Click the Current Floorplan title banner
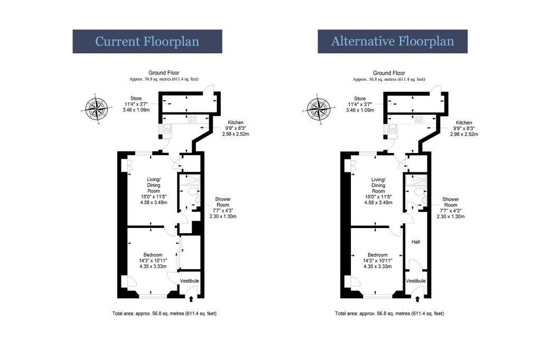click(x=147, y=41)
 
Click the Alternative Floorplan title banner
click(x=393, y=41)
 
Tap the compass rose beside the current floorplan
click(x=97, y=108)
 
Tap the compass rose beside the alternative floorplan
click(x=319, y=109)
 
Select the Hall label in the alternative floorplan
click(x=416, y=242)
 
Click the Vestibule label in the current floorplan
click(x=190, y=281)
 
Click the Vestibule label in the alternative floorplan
click(x=416, y=281)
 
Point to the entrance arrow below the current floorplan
click(x=191, y=299)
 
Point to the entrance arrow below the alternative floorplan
click(x=417, y=299)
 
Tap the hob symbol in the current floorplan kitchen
click(x=192, y=119)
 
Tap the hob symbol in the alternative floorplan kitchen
click(x=418, y=119)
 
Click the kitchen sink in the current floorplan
click(x=167, y=129)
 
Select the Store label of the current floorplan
click(x=136, y=99)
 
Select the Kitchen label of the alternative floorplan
click(x=464, y=123)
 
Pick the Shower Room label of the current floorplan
click(x=223, y=202)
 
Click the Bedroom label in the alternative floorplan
click(x=377, y=255)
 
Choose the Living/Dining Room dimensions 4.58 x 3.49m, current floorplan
click(x=154, y=202)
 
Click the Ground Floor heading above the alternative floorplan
click(x=389, y=73)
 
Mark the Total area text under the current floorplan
click(x=164, y=314)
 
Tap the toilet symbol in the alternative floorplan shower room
click(x=417, y=192)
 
